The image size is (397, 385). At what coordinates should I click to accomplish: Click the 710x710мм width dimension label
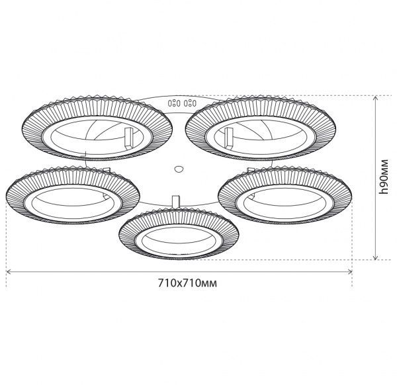pyautogui.click(x=187, y=283)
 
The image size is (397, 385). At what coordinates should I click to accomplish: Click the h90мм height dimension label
pyautogui.click(x=384, y=177)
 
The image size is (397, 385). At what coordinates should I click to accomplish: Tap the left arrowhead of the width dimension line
pyautogui.click(x=7, y=272)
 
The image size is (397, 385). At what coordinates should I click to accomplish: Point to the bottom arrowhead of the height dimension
pyautogui.click(x=376, y=258)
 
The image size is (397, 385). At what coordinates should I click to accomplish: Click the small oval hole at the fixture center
pyautogui.click(x=179, y=169)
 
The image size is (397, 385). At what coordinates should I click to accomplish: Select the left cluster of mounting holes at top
pyautogui.click(x=174, y=103)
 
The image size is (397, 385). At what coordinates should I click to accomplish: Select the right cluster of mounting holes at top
pyautogui.click(x=190, y=103)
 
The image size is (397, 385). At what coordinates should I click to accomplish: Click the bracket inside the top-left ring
pyautogui.click(x=128, y=138)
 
